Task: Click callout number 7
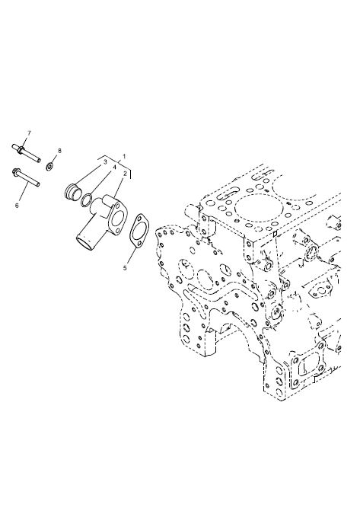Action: pyautogui.click(x=29, y=132)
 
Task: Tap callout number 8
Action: pyautogui.click(x=60, y=151)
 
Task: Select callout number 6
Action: pyautogui.click(x=17, y=205)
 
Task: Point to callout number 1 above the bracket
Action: pyautogui.click(x=124, y=157)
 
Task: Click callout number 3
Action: pyautogui.click(x=105, y=162)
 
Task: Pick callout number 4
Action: pyautogui.click(x=114, y=167)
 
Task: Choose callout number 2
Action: pyautogui.click(x=125, y=174)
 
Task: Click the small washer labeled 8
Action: pyautogui.click(x=50, y=166)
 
